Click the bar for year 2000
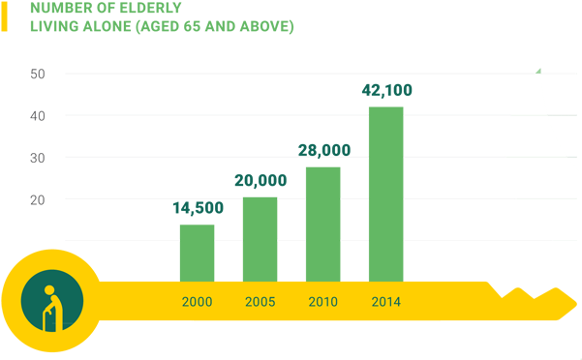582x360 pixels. click(x=197, y=252)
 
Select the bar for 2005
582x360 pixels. click(x=260, y=238)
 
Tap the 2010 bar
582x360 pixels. click(x=322, y=223)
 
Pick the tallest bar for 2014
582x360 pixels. click(x=385, y=193)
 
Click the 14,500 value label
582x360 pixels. click(x=198, y=208)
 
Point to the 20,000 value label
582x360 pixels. click(x=260, y=181)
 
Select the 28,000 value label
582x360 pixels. click(x=323, y=150)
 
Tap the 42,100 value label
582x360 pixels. click(x=386, y=90)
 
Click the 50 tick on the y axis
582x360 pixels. click(x=38, y=74)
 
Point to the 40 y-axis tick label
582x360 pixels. click(x=38, y=115)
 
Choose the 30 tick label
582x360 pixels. click(x=38, y=157)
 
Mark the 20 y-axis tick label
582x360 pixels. click(x=38, y=198)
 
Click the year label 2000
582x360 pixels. click(x=197, y=302)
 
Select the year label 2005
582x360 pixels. click(x=260, y=302)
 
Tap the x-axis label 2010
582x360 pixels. click(x=322, y=302)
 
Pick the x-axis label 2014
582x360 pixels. click(x=385, y=302)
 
